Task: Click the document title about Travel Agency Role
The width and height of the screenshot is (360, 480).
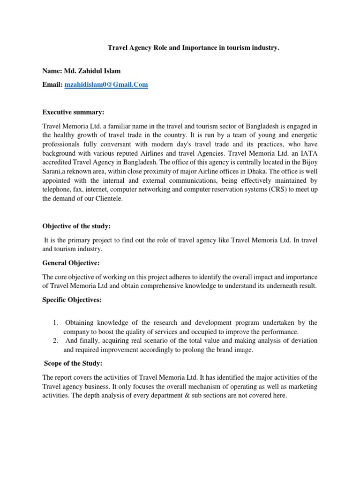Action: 194,47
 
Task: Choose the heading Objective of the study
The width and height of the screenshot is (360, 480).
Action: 76,226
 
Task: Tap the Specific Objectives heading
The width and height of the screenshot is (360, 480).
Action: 72,300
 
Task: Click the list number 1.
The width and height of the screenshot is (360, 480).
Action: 55,322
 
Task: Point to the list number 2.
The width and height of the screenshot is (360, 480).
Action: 55,340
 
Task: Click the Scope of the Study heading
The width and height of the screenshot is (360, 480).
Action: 73,363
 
